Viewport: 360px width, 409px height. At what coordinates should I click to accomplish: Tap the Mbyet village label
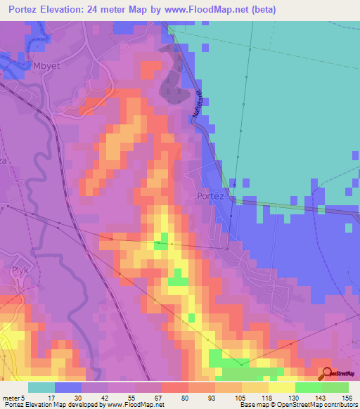click(47, 67)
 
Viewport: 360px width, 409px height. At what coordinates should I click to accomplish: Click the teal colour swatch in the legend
click(41, 387)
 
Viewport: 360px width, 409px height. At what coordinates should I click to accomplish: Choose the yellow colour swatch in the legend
click(282, 387)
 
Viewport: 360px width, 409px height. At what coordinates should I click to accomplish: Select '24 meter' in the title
click(107, 10)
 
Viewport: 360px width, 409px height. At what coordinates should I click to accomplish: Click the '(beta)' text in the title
click(264, 10)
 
